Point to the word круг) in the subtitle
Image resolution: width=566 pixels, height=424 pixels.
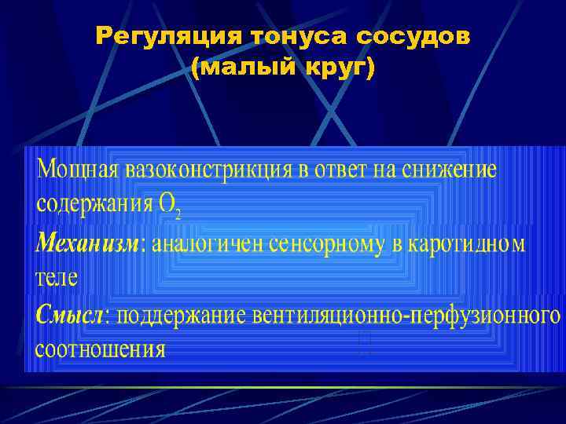point(338,69)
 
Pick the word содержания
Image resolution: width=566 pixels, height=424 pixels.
point(94,204)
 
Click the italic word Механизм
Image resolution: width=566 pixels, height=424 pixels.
point(86,243)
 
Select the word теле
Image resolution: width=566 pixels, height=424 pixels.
point(57,277)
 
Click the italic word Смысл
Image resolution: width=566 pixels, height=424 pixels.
point(72,315)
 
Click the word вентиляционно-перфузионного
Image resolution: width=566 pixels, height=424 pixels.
point(407,316)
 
